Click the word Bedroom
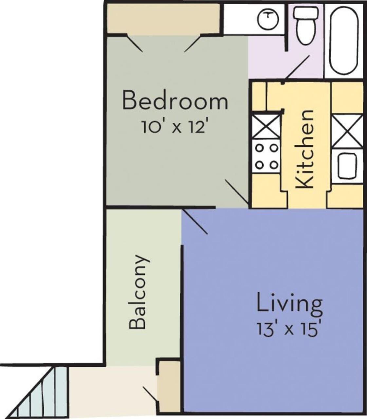click(x=175, y=100)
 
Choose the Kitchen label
click(x=305, y=149)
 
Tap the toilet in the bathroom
click(x=305, y=26)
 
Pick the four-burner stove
click(x=266, y=156)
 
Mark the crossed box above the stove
click(x=266, y=127)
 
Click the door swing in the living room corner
click(x=195, y=222)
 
